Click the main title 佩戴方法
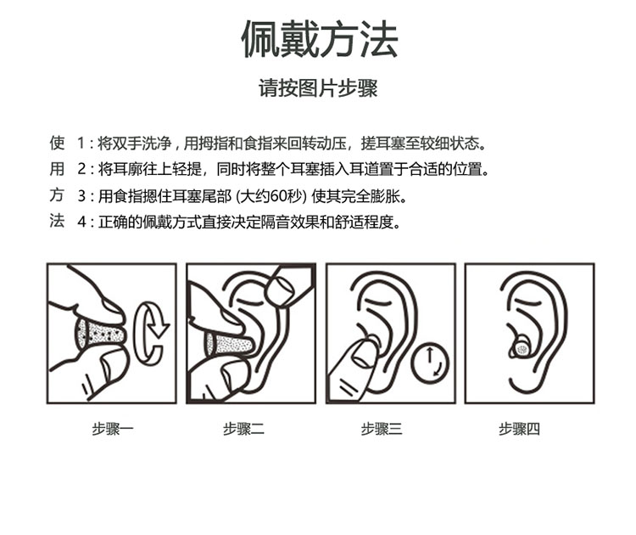coord(320,39)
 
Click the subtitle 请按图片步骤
coord(318,88)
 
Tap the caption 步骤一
coord(112,429)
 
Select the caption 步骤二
coord(243,429)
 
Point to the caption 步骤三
coord(382,429)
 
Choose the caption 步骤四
coord(519,429)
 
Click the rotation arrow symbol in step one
coord(152,332)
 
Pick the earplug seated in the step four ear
coord(521,347)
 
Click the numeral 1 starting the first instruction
coord(81,144)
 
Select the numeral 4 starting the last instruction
coord(81,222)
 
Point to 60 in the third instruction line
coord(278,197)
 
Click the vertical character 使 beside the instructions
coord(57,143)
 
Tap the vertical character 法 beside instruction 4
coord(57,221)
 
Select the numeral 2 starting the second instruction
coord(81,169)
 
